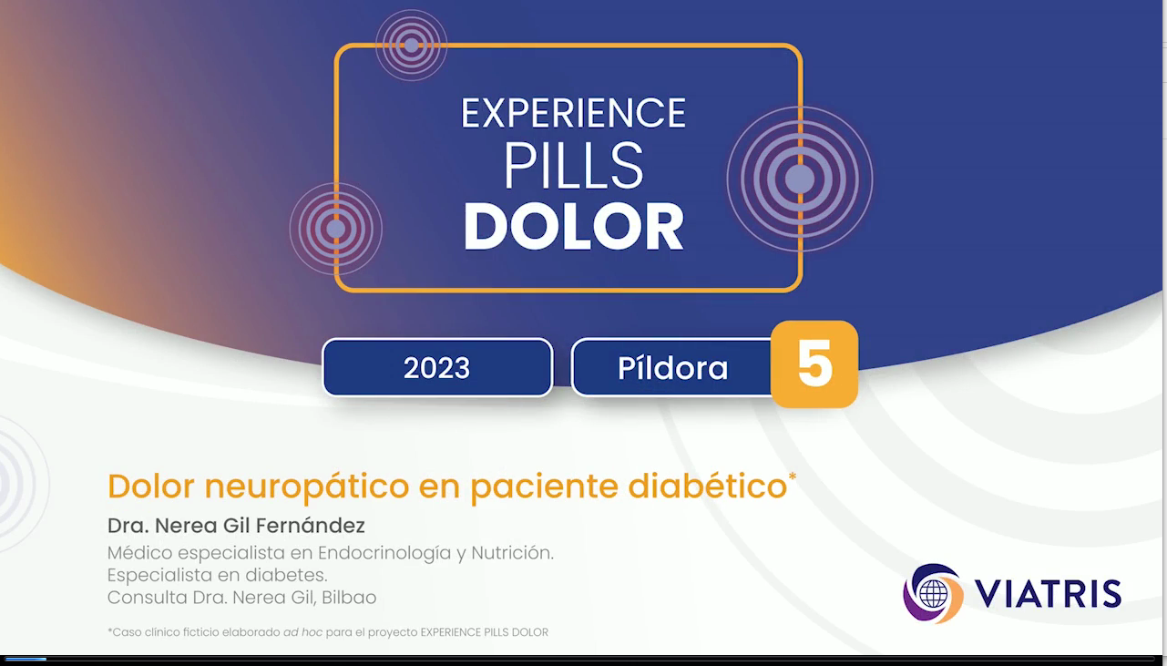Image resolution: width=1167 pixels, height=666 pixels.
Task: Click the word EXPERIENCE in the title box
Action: point(573,113)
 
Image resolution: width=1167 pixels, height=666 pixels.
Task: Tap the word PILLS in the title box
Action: point(573,166)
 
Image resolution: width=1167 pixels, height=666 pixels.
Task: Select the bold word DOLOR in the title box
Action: point(573,227)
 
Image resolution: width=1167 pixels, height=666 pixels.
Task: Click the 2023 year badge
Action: point(437,367)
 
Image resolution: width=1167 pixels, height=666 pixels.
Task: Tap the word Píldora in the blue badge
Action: point(672,368)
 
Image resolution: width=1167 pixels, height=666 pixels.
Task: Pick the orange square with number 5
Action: point(814,364)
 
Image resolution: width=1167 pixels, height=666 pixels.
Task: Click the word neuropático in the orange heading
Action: point(306,487)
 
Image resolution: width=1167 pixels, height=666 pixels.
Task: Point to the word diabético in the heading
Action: point(708,486)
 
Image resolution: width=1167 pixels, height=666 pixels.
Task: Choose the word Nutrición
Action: point(513,552)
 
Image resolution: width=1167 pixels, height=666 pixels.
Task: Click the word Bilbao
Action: point(349,597)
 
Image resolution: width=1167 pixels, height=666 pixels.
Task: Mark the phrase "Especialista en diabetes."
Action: point(217,575)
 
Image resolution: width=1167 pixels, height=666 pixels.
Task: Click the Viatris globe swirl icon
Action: point(933,593)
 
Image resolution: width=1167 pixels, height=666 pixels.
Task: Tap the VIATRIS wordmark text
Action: point(1048,593)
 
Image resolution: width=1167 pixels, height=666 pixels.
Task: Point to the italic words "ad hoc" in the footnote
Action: point(302,632)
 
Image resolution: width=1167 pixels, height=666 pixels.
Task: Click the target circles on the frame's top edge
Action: point(412,46)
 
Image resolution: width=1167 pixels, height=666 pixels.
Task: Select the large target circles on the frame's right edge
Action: point(800,179)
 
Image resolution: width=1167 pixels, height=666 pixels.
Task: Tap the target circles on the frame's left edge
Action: point(336,229)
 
